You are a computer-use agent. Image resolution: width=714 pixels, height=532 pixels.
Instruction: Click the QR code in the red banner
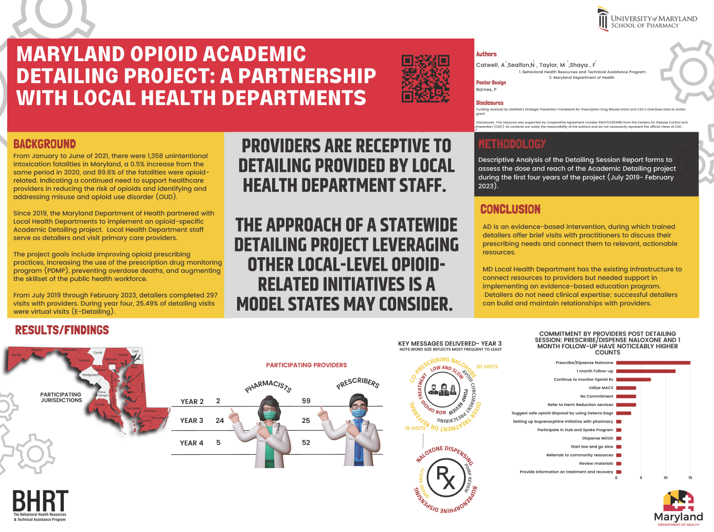[x=425, y=79]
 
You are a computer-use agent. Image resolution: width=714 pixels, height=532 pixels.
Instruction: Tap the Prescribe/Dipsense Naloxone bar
[x=653, y=363]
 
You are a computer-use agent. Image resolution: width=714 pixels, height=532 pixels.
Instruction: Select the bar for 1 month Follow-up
[x=646, y=371]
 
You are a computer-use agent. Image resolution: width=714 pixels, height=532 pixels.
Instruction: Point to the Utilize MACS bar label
[x=601, y=388]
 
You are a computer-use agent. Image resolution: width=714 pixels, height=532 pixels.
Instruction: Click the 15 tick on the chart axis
[x=690, y=478]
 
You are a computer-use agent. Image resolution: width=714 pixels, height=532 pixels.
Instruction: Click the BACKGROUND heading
[x=45, y=144]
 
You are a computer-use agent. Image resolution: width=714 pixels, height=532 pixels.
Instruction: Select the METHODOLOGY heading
[x=512, y=144]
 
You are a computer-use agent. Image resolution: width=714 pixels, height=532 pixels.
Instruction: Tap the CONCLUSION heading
[x=510, y=209]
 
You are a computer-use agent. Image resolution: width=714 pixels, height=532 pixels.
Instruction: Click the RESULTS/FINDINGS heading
[x=62, y=330]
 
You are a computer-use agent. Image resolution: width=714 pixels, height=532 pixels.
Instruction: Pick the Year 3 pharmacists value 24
[x=220, y=420]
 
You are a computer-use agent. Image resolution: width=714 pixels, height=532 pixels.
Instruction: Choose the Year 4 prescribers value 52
[x=306, y=442]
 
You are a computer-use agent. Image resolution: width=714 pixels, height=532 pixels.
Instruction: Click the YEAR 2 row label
[x=192, y=401]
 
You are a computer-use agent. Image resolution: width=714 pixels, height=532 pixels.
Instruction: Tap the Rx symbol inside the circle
[x=445, y=478]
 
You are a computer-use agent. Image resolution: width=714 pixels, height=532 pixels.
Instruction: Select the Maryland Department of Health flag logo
[x=678, y=501]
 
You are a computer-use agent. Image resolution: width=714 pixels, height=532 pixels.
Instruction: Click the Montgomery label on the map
[x=90, y=375]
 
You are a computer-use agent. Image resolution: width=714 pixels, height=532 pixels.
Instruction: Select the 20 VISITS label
[x=487, y=367]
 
